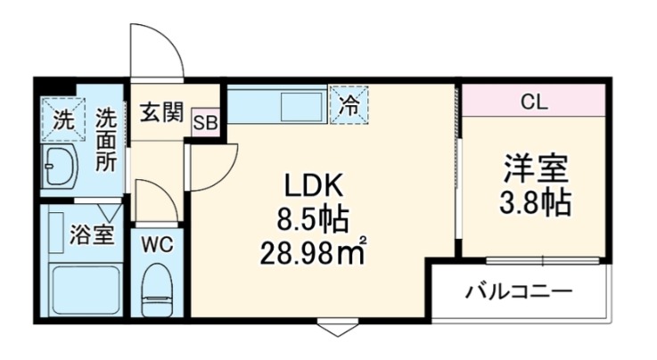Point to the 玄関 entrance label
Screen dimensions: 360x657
coord(161,113)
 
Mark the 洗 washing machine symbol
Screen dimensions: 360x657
coord(63,118)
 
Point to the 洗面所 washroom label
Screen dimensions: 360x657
coord(107,140)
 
